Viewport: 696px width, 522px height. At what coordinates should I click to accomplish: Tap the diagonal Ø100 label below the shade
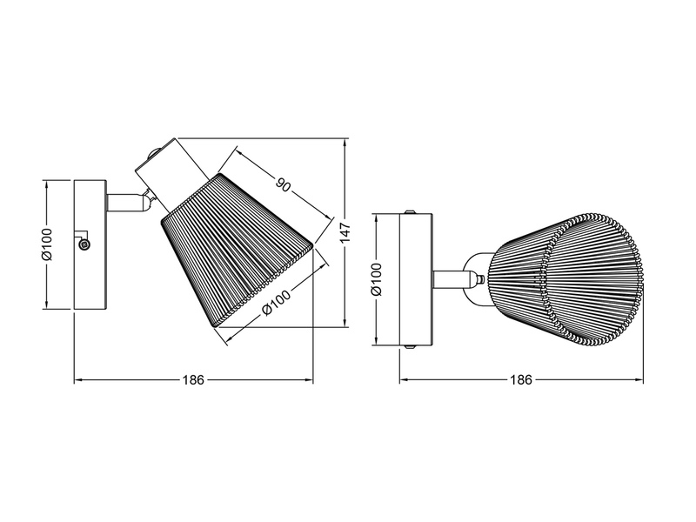(x=277, y=302)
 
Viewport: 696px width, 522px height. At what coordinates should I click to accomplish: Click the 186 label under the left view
(x=193, y=381)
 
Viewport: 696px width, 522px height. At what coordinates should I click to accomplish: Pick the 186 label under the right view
(x=519, y=381)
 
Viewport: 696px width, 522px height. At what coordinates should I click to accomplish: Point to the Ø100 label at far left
(x=48, y=244)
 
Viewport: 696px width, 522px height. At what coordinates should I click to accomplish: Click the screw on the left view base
(x=84, y=245)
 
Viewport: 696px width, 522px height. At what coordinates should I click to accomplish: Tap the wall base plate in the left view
(x=90, y=244)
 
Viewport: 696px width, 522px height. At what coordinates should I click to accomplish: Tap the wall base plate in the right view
(x=415, y=279)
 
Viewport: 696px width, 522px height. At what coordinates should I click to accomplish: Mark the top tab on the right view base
(x=410, y=211)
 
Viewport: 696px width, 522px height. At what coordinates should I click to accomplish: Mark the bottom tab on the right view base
(x=410, y=349)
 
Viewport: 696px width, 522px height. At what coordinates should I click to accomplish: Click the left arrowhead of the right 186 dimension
(x=403, y=381)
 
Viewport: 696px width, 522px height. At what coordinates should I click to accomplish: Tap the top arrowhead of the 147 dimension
(x=345, y=142)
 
